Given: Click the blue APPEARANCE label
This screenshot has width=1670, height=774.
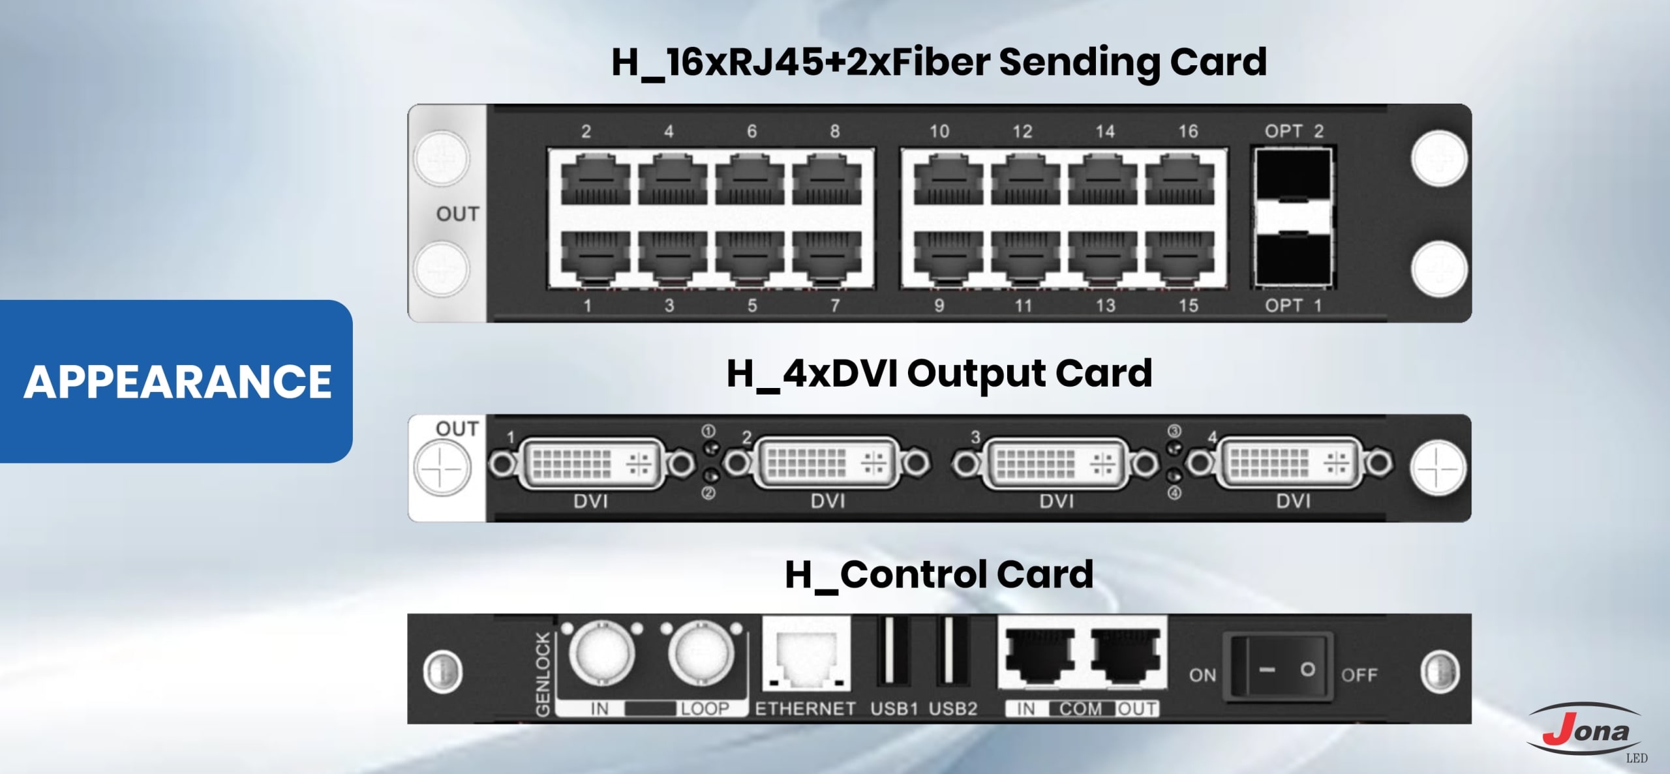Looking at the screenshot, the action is click(177, 381).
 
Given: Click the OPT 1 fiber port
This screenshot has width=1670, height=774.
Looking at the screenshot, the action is click(1292, 260).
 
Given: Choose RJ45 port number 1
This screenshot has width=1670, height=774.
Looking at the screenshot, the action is click(595, 258).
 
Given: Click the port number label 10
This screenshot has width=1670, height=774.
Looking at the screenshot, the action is click(939, 132).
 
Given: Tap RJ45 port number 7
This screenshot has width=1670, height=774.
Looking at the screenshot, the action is click(827, 258).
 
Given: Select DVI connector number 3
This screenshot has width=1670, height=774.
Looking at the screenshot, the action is click(1056, 464).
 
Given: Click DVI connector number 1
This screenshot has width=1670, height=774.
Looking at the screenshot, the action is click(591, 464).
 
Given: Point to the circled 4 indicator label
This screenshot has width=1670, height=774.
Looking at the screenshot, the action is click(1174, 494).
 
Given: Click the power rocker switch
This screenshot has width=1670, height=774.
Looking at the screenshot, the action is click(1277, 670).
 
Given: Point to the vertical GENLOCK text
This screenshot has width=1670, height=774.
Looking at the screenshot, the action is click(543, 674).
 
